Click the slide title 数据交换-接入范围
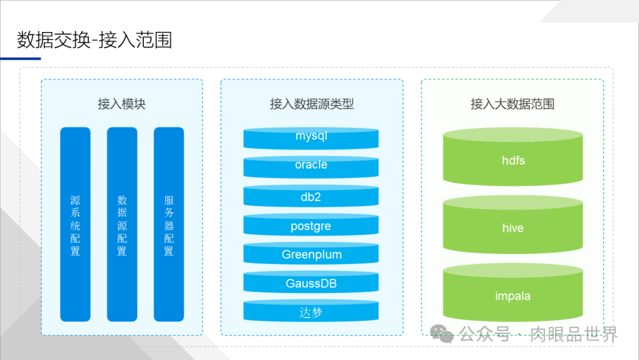click(x=95, y=40)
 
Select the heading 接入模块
click(x=121, y=104)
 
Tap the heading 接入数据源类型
click(x=312, y=104)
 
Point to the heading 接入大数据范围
click(x=512, y=104)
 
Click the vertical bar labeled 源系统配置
click(x=75, y=224)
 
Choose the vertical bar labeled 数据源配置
click(x=122, y=224)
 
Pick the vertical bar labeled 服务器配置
click(x=169, y=224)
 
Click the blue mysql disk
click(x=311, y=138)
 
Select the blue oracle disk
click(x=311, y=166)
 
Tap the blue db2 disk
click(x=311, y=196)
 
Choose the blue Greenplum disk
click(x=311, y=254)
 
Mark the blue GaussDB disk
click(x=311, y=283)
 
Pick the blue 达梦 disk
click(x=311, y=311)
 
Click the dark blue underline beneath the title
click(x=20, y=59)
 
